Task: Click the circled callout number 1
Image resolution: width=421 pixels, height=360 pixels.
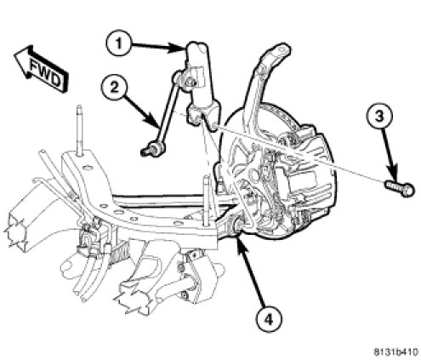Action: click(119, 44)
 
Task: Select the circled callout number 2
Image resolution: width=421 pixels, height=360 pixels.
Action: click(114, 88)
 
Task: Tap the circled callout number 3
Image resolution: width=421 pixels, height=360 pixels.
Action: click(379, 117)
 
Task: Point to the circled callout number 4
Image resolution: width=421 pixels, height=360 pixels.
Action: click(268, 319)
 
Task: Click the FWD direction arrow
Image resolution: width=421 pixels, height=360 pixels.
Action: click(41, 68)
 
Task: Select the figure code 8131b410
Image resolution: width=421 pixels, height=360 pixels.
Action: click(395, 351)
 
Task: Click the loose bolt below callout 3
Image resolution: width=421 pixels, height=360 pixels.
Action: click(400, 188)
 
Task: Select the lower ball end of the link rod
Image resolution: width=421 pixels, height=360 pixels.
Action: click(150, 149)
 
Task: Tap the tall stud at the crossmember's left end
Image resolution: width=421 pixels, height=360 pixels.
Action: click(80, 130)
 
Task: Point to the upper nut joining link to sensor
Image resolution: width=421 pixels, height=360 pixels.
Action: click(190, 83)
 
